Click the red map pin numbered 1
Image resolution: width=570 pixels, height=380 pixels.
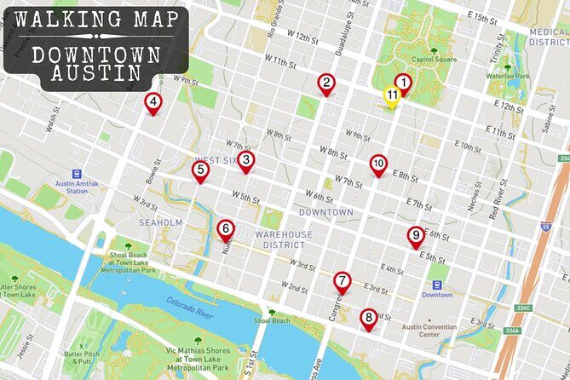[x=403, y=83]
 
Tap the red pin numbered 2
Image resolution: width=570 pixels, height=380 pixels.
[x=325, y=83]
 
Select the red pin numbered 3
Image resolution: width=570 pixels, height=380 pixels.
[x=245, y=160]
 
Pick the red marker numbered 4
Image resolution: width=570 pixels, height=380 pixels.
[x=153, y=104]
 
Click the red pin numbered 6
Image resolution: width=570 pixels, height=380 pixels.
[x=225, y=229]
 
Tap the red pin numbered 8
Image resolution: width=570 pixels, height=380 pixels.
[x=368, y=319]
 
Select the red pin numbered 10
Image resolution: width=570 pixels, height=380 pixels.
[x=378, y=164]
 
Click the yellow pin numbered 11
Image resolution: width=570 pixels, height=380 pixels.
[x=391, y=96]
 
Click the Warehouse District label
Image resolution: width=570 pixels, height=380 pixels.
[x=283, y=239]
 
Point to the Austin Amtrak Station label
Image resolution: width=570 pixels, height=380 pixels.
[x=66, y=187]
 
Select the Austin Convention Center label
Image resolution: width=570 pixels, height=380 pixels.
[x=432, y=331]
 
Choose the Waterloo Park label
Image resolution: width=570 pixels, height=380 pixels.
[x=508, y=76]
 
